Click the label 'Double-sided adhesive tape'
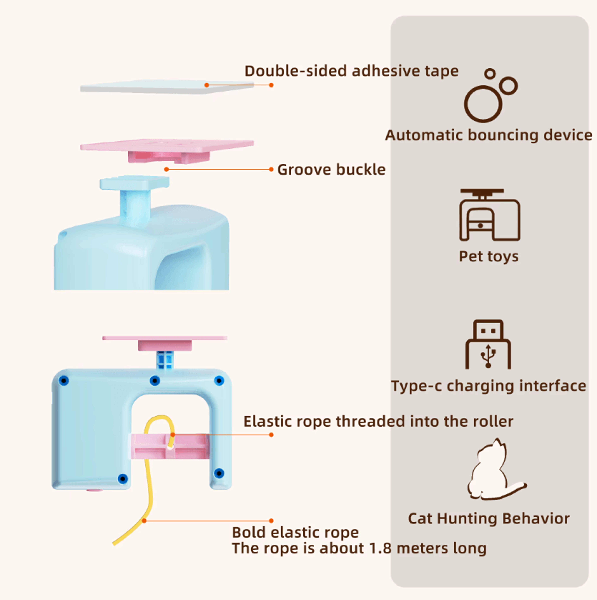[x=351, y=71]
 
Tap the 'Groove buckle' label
[x=331, y=170]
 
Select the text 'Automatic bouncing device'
[x=488, y=135]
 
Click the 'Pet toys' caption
[x=488, y=256]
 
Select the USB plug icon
[x=488, y=344]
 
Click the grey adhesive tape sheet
[x=167, y=87]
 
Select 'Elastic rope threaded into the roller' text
[x=378, y=421]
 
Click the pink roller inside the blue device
[x=170, y=446]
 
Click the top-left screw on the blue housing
[x=64, y=380]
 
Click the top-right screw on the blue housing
[x=219, y=380]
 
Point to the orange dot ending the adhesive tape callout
[x=271, y=85]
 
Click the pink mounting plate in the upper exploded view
[x=167, y=151]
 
